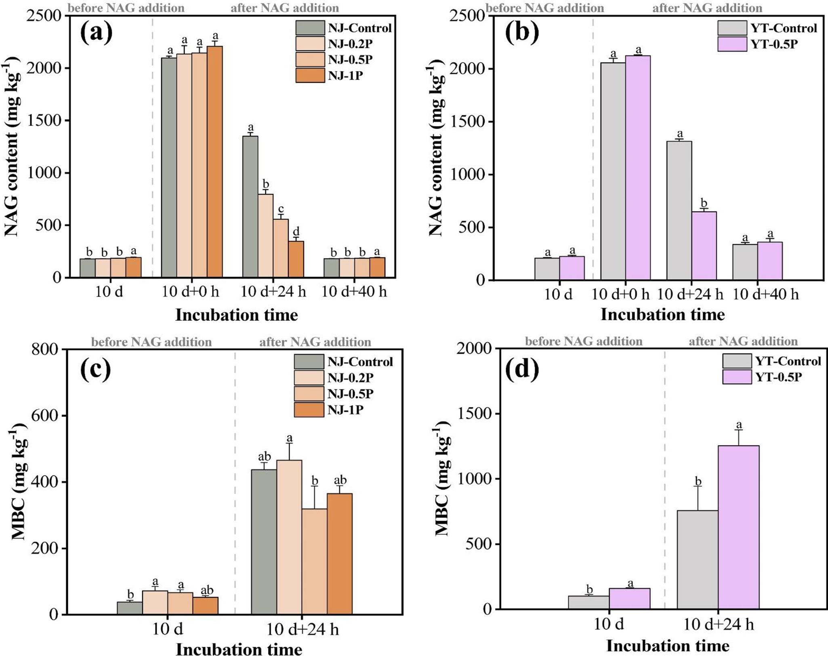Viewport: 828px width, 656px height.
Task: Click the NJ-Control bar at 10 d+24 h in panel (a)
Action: (250, 206)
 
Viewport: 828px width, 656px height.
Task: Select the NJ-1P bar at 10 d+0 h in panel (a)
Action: (214, 162)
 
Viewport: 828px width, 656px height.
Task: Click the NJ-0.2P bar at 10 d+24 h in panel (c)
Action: (289, 537)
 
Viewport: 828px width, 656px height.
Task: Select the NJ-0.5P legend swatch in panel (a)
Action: (310, 59)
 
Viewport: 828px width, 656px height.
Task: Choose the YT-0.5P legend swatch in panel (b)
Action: (732, 44)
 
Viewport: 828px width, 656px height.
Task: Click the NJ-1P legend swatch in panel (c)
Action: (309, 410)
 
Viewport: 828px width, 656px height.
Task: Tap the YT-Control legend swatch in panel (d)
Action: (737, 361)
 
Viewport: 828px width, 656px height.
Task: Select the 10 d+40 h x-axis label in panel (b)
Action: (765, 294)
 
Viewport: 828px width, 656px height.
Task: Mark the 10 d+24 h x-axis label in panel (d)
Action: (719, 625)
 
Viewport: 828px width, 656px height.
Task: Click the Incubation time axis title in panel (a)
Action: (237, 315)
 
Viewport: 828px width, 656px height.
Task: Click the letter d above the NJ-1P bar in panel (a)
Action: (296, 232)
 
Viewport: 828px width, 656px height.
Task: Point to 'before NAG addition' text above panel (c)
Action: (151, 342)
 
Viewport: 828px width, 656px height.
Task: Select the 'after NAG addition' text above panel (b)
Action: (707, 8)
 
